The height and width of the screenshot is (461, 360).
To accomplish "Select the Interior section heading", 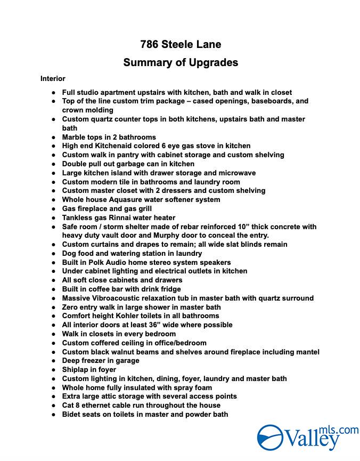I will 53,78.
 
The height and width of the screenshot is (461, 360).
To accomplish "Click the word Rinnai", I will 129,217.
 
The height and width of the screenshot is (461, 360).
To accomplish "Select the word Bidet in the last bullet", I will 72,414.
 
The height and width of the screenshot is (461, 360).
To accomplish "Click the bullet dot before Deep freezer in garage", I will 54,361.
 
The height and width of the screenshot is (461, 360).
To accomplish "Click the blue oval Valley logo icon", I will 270,437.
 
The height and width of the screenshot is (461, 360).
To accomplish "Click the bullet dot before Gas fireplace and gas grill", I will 54,208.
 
